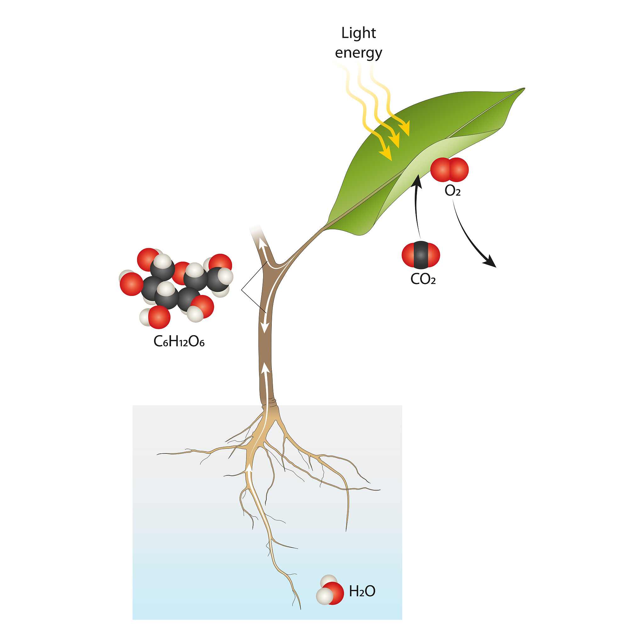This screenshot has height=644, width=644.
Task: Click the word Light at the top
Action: (358, 33)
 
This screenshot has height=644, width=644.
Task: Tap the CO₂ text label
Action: (423, 279)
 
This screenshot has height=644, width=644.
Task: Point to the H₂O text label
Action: (362, 591)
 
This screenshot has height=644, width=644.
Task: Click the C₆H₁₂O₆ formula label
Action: (179, 341)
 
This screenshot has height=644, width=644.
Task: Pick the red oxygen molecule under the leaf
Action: (449, 170)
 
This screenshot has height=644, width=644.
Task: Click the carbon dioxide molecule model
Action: (421, 255)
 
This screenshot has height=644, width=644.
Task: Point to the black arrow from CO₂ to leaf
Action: (417, 207)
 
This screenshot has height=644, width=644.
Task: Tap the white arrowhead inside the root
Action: (249, 468)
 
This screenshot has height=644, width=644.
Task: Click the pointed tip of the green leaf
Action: (525, 88)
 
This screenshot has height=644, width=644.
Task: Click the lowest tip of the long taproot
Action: (301, 610)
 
